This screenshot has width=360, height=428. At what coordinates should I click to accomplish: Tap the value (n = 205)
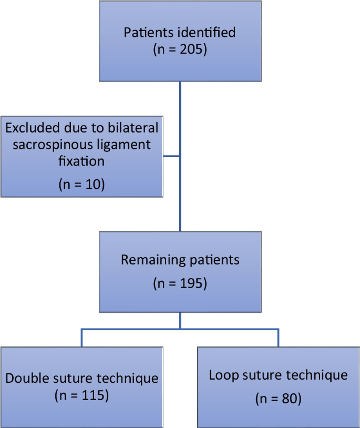pos(180,50)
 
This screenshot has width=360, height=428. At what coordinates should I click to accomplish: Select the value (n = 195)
pos(180,283)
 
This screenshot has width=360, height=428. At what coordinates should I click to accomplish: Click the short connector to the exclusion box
pos(172,156)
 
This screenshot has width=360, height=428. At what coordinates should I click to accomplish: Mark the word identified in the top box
pos(208,33)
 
